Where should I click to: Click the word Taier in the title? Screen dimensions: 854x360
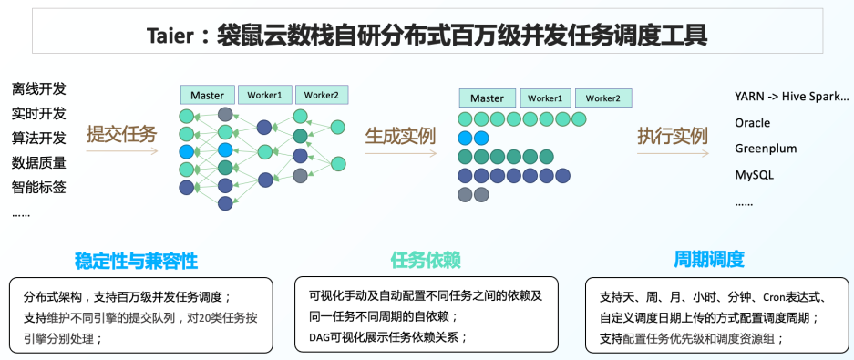tap(170, 36)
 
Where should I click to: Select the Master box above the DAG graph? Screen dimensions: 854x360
tap(208, 95)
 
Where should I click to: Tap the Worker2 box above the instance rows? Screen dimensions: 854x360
tap(603, 98)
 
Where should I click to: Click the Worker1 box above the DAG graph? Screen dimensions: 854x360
tap(265, 95)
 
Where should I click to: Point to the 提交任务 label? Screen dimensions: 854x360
tap(121, 134)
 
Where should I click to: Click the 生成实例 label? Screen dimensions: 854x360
tap(400, 136)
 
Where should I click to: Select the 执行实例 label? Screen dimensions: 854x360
tap(673, 136)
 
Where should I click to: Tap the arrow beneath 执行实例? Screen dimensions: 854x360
tap(674, 154)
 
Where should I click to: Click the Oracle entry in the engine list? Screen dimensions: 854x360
tap(752, 122)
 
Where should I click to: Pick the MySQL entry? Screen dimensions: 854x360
tap(754, 175)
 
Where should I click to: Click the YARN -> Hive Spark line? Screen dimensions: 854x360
tap(791, 97)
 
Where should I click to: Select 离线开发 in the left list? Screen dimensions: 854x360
tap(38, 88)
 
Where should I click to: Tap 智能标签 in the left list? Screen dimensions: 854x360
tap(38, 188)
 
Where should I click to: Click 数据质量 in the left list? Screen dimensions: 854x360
tap(38, 163)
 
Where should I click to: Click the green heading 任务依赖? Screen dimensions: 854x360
tap(426, 261)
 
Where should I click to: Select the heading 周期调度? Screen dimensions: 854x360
tap(708, 259)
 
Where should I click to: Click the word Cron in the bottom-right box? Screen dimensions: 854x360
tap(775, 297)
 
